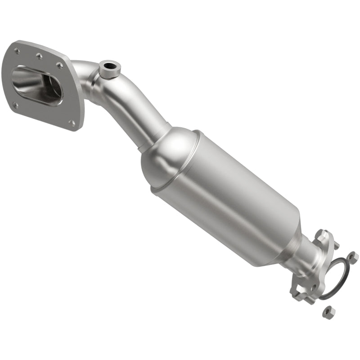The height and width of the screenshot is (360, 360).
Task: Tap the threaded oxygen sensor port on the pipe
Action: [109, 68]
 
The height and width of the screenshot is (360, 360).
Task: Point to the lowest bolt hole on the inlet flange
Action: [72, 121]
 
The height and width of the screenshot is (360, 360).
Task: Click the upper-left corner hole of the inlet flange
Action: [18, 51]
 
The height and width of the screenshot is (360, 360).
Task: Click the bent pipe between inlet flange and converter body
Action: [130, 103]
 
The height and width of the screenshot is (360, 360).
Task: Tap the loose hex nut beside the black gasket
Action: [352, 256]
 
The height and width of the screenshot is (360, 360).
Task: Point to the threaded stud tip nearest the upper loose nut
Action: [336, 246]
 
